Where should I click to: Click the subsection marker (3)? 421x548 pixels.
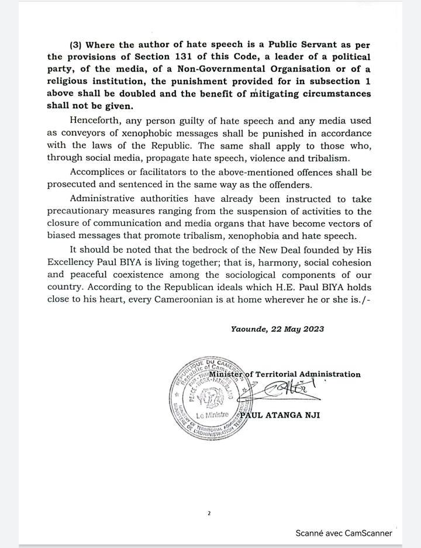point(77,44)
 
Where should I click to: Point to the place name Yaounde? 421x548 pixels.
point(249,329)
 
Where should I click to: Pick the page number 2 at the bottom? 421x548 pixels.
point(209,513)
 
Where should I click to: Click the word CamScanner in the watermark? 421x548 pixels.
point(368,533)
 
